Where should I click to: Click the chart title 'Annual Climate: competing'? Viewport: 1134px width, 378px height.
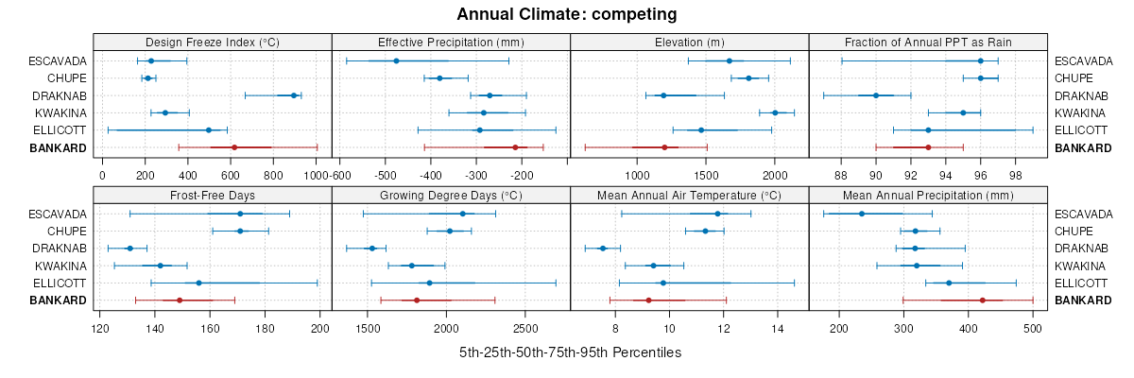click(567, 14)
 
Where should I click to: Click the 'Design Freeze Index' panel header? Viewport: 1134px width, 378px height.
click(213, 43)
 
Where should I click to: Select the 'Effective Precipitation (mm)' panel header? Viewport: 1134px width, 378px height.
click(451, 43)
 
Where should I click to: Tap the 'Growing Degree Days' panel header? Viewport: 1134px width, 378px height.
click(451, 196)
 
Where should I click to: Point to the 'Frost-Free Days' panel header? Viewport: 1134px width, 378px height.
click(213, 196)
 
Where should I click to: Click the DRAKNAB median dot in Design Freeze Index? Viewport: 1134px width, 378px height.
click(294, 95)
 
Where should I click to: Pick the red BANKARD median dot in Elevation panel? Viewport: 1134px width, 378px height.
click(664, 147)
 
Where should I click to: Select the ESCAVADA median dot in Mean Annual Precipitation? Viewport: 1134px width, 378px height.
click(861, 214)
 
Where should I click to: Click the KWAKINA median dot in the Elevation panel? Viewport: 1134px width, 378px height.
click(775, 112)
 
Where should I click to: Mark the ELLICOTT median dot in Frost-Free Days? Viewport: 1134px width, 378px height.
click(198, 283)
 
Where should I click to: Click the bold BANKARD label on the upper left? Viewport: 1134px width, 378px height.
click(60, 147)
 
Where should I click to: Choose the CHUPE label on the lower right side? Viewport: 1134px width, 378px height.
click(1074, 231)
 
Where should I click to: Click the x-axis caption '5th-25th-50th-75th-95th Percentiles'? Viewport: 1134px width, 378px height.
click(570, 352)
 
